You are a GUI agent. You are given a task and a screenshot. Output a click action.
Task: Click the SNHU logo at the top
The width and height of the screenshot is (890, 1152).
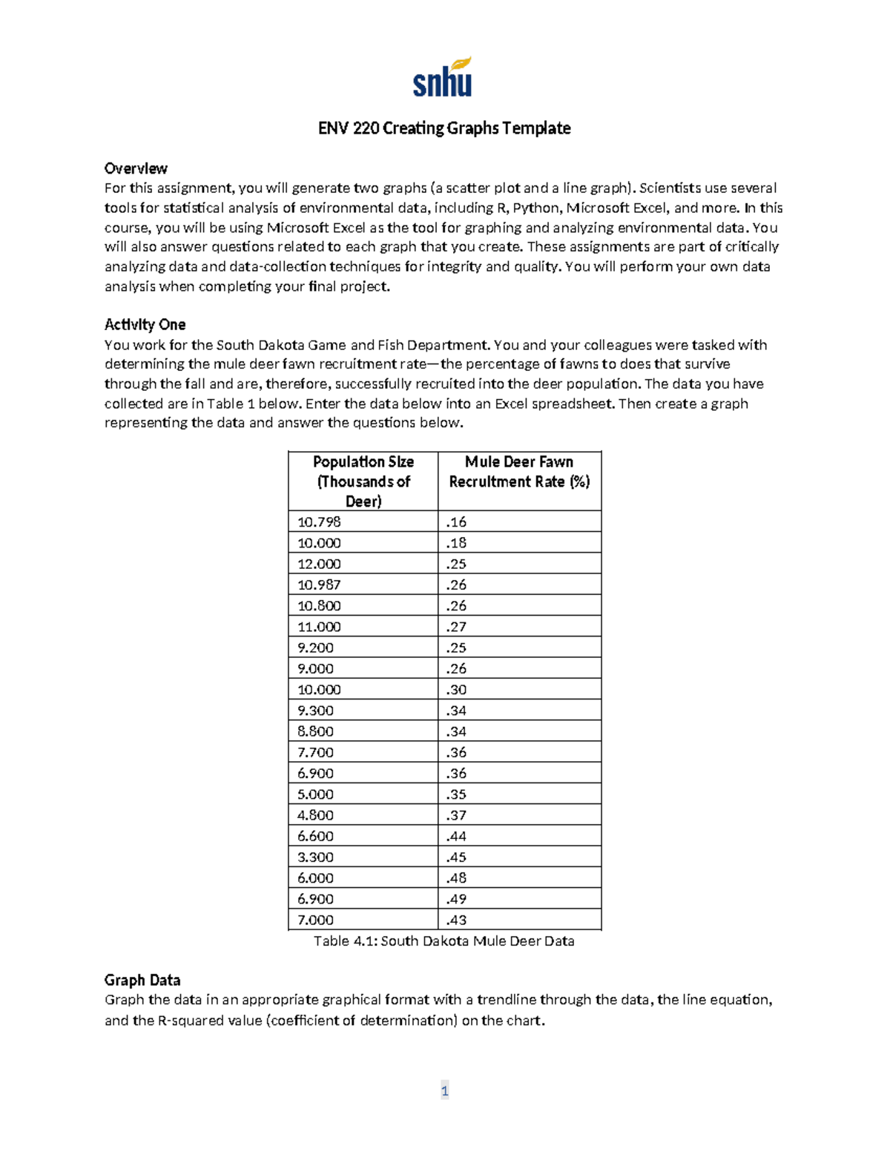pyautogui.click(x=443, y=78)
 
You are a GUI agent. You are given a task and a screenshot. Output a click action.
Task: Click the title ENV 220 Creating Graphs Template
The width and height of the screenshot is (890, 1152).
pyautogui.click(x=444, y=128)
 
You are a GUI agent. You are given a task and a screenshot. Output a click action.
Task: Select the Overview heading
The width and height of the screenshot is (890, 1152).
pyautogui.click(x=136, y=168)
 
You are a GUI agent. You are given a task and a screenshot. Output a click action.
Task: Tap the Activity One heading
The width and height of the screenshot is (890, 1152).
pyautogui.click(x=145, y=324)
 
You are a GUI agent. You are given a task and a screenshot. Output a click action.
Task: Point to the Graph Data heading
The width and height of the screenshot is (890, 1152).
pyautogui.click(x=142, y=980)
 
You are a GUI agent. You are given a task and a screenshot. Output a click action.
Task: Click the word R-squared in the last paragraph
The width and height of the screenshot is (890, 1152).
pyautogui.click(x=192, y=1020)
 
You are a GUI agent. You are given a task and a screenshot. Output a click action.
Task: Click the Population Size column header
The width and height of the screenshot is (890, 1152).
pyautogui.click(x=363, y=481)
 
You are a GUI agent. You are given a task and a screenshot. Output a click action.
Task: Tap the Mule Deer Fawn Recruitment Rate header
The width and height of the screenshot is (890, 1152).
pyautogui.click(x=519, y=472)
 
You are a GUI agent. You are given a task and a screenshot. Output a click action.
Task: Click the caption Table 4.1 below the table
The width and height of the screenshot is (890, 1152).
pyautogui.click(x=444, y=941)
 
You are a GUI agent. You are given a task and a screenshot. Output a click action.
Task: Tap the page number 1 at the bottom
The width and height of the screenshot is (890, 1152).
pyautogui.click(x=444, y=1090)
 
